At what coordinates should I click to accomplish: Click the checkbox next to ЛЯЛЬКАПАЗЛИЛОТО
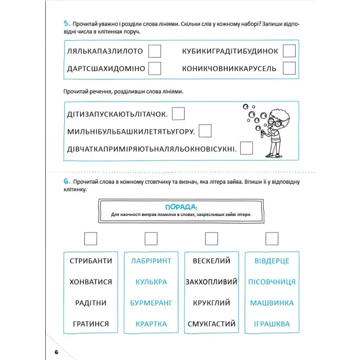pos(154,51)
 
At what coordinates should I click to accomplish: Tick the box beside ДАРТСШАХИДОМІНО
pos(154,68)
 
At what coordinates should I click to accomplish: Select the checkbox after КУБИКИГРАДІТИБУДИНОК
pos(289,51)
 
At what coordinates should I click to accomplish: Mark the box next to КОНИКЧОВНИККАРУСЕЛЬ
pos(289,68)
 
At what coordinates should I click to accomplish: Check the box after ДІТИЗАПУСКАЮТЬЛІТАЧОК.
pos(178,113)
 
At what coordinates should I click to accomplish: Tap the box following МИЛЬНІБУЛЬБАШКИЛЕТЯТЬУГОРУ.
pos(205,131)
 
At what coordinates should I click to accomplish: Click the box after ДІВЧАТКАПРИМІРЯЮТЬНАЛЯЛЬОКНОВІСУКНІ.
pos(246,148)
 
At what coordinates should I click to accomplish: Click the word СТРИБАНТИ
pos(90,261)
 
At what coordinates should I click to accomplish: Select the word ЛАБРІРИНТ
pos(151,261)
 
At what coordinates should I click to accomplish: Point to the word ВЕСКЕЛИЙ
pos(211,261)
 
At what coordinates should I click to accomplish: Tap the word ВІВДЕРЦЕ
pos(272,261)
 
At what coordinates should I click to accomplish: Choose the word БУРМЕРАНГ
pos(151,303)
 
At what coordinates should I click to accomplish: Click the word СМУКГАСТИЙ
pos(211,324)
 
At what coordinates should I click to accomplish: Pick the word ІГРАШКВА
pos(272,324)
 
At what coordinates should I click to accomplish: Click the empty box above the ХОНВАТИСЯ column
pos(90,239)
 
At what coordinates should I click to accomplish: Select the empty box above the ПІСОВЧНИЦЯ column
pos(272,239)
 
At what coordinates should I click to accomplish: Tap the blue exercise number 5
pos(66,24)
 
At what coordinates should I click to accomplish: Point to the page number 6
pos(56,352)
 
